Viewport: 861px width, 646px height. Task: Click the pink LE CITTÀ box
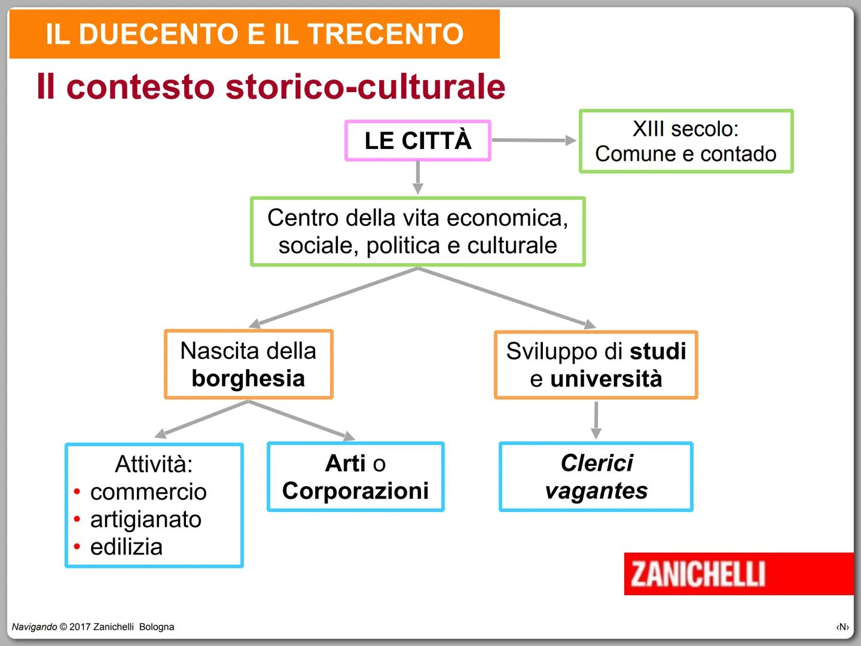coord(418,141)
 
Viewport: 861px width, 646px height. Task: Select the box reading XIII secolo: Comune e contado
coord(686,141)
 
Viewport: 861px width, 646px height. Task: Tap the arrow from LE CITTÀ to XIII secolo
coord(533,140)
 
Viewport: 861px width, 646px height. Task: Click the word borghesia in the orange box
coord(248,379)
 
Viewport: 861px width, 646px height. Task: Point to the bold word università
coord(606,379)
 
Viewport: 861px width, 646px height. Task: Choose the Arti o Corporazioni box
coord(355,477)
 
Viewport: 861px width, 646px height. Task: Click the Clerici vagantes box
coord(596,477)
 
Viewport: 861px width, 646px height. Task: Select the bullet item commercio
coord(148,492)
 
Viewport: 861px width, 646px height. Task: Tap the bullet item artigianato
coord(146,519)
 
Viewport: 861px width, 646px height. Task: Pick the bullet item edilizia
coord(126,547)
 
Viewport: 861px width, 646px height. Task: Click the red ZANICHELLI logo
coord(698,574)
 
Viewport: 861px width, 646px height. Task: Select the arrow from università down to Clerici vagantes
coord(596,420)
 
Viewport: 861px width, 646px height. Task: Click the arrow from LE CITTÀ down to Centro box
coord(418,177)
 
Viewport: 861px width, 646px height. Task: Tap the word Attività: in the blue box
coord(154,464)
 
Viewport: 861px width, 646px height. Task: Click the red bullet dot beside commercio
coord(77,492)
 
